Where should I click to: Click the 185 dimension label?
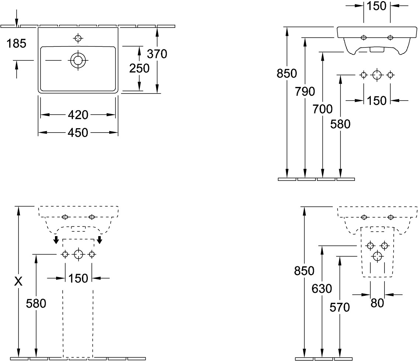point(17,44)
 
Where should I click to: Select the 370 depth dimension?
point(157,54)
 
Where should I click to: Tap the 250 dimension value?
point(139,68)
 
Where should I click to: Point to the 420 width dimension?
point(78,115)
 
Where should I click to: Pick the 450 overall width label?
point(78,132)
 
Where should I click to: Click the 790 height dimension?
point(305,91)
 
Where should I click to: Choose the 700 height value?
point(322,109)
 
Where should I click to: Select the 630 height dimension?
point(322,289)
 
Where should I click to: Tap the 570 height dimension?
point(340,307)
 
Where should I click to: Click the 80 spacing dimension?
point(377,303)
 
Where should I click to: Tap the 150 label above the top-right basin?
point(377,6)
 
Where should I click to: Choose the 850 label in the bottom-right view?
point(304,271)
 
